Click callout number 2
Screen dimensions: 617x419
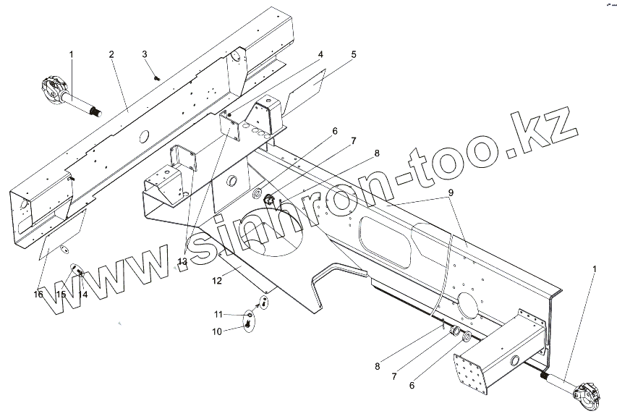[x=112, y=54]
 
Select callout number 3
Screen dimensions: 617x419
[x=145, y=54]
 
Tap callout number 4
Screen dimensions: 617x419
[x=320, y=54]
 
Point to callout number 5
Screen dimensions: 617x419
[x=354, y=54]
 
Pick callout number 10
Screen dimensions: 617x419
[x=216, y=331]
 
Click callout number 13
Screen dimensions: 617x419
[x=182, y=261]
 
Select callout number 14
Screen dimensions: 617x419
[x=83, y=295]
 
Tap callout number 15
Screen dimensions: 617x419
[x=61, y=295]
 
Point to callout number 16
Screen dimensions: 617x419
[x=38, y=295]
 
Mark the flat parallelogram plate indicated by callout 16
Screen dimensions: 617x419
[x=61, y=233]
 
